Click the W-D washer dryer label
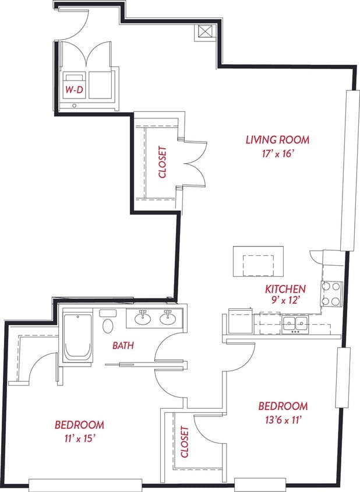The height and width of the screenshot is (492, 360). coord(73,90)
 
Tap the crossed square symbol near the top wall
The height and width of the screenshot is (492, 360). coord(205,31)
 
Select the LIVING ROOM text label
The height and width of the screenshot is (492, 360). coord(277,140)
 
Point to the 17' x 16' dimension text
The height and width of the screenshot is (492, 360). coord(277,154)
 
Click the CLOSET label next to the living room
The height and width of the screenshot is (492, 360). coord(163,161)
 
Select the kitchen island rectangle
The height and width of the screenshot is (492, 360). coord(258,261)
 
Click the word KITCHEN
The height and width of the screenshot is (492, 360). coord(285,289)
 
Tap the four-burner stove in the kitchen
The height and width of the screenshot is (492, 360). coord(331,293)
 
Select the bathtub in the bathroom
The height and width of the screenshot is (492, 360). coord(77,337)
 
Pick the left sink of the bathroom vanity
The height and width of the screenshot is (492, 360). coord(142,318)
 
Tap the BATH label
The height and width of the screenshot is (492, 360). coord(123,346)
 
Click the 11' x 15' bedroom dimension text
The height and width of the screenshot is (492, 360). coord(79,438)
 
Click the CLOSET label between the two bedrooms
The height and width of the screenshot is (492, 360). coord(185,441)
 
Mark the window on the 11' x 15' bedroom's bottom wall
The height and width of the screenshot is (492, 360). coord(85,484)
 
